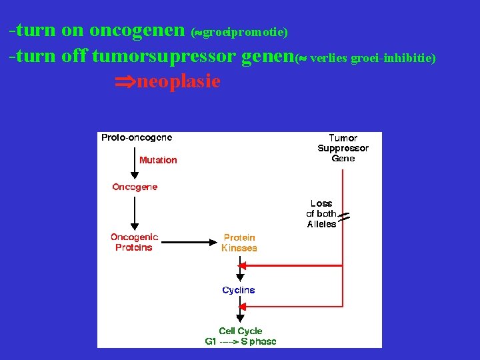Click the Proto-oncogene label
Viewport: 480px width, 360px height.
137,138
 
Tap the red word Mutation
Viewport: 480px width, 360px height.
158,160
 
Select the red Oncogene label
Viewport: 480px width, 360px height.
135,187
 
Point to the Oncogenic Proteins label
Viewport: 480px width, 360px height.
134,242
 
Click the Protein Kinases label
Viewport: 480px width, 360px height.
239,243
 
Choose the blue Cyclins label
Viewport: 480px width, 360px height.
239,290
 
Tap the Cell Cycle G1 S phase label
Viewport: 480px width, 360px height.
241,336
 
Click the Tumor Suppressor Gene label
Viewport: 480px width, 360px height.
343,148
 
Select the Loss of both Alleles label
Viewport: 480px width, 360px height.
322,214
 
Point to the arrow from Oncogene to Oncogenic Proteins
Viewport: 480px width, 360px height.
135,210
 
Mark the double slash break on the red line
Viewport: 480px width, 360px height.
344,216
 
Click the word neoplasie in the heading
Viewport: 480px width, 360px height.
178,81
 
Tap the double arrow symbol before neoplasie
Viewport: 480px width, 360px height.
124,82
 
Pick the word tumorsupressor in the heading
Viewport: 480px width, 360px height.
163,57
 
